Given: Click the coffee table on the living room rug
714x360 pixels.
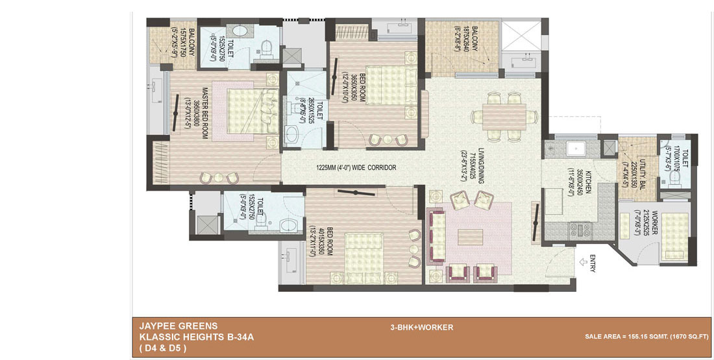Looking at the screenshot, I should coord(470,237).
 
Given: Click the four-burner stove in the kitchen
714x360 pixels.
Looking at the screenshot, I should coord(577,229).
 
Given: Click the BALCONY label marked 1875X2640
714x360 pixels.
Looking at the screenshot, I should coord(475,42).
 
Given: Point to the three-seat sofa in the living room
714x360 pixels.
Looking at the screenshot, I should coord(434,235).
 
